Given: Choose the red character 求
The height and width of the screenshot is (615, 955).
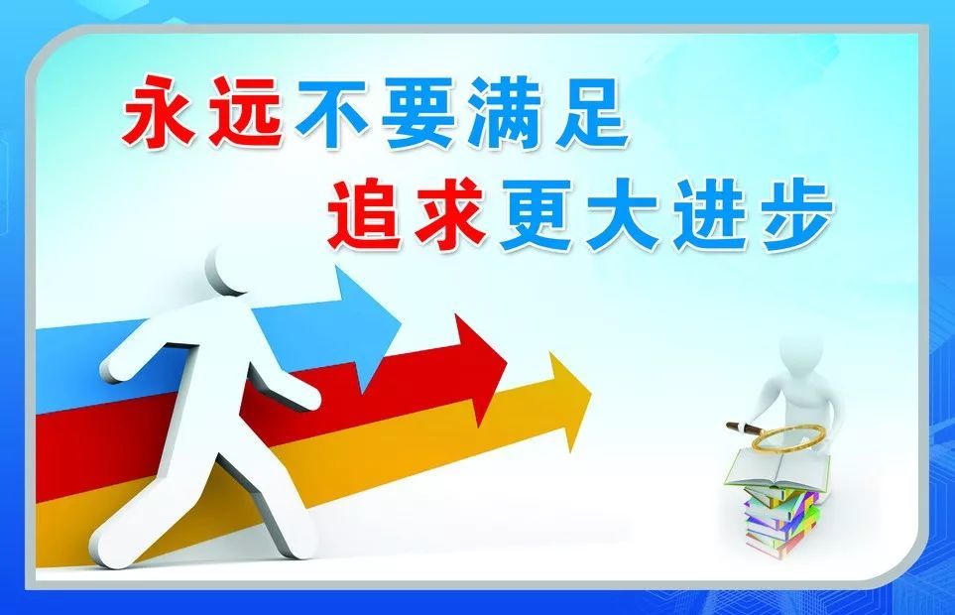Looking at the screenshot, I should tap(448, 212).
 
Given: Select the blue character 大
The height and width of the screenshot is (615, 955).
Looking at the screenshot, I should tap(626, 212).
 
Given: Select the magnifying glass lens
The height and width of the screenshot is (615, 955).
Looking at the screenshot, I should tap(783, 437).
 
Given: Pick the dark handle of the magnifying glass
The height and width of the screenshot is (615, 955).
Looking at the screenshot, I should tap(743, 428).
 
